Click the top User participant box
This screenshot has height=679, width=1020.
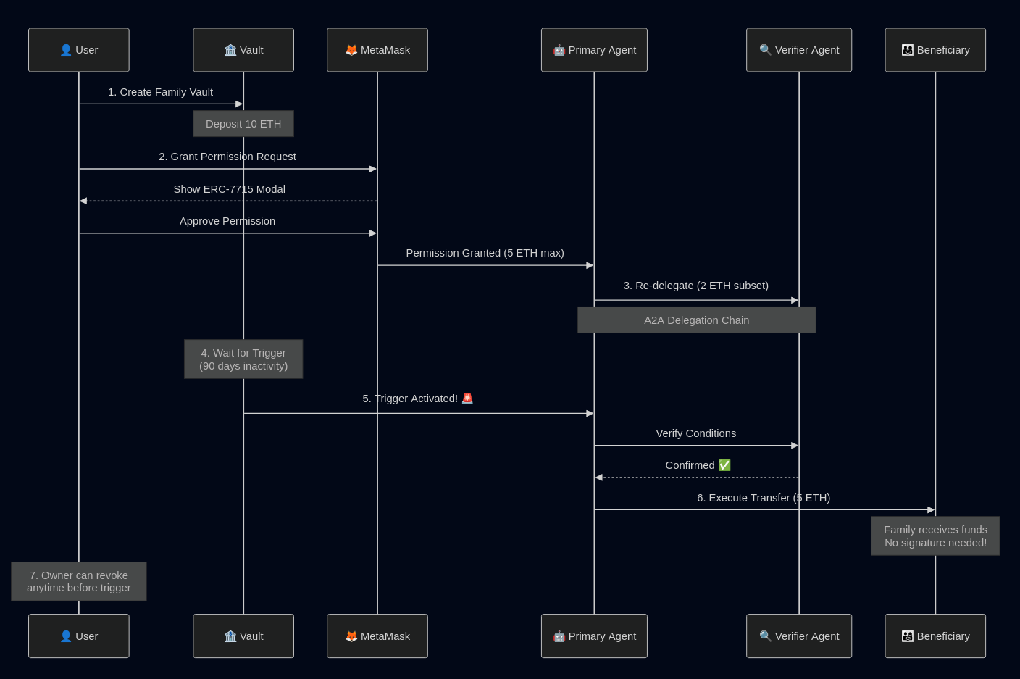pos(79,50)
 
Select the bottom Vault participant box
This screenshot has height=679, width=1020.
pos(243,636)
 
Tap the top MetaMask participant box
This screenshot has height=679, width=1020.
pos(377,50)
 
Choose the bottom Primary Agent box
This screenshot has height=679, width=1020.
pos(594,636)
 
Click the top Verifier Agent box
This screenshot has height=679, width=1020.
pos(799,50)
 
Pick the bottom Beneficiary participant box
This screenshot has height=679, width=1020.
pos(935,636)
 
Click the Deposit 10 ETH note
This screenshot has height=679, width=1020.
pos(243,124)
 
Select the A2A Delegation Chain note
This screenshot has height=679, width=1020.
pos(696,320)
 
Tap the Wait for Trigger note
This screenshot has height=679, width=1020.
pos(243,359)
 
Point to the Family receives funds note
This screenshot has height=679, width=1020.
pos(935,536)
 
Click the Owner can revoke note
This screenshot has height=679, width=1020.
pos(79,581)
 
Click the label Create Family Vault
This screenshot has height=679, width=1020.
pos(160,92)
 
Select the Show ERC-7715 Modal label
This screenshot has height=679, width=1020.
pos(229,189)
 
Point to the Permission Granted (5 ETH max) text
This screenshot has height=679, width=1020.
pos(485,253)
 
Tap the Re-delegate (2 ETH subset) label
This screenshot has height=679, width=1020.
pos(695,286)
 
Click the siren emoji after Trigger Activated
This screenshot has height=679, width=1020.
pos(467,399)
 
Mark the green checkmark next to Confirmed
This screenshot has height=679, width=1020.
pos(724,465)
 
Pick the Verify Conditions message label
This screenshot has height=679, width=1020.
pos(695,433)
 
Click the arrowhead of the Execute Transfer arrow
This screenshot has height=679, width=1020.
pos(931,510)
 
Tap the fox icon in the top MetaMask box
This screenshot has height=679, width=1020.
pos(351,50)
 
